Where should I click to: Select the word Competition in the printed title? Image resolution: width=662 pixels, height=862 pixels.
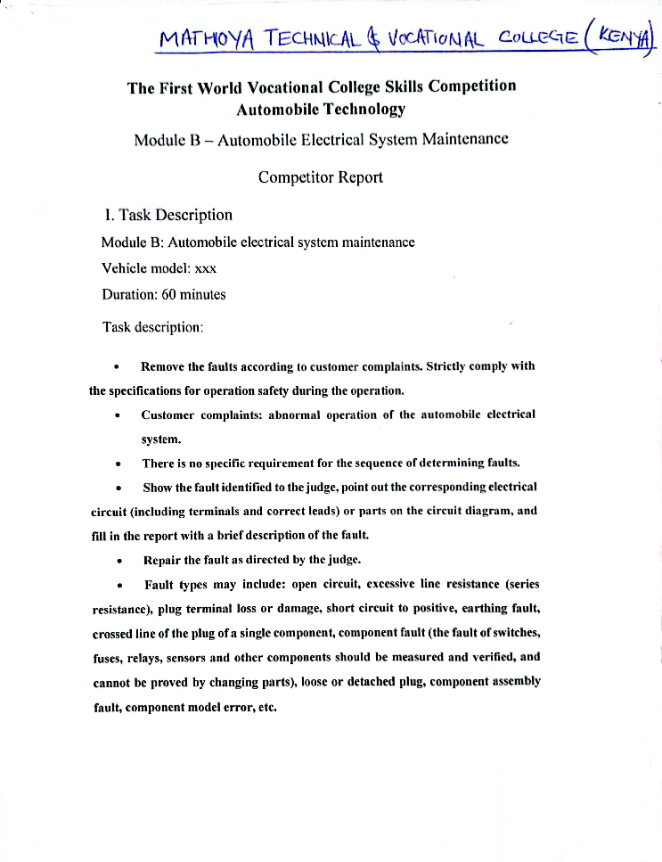[x=471, y=86]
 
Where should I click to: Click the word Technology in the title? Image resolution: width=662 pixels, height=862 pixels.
[x=359, y=109]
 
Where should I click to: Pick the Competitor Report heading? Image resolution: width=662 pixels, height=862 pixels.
[x=320, y=177]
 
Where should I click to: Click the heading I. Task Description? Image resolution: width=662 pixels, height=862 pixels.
[x=168, y=215]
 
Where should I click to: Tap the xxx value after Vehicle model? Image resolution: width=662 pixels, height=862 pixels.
[x=205, y=268]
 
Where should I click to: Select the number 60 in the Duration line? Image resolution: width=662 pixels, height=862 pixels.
[x=169, y=294]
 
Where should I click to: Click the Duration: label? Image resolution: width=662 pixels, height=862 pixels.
[x=129, y=294]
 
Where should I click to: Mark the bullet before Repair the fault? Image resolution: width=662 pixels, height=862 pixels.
[x=119, y=561]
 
